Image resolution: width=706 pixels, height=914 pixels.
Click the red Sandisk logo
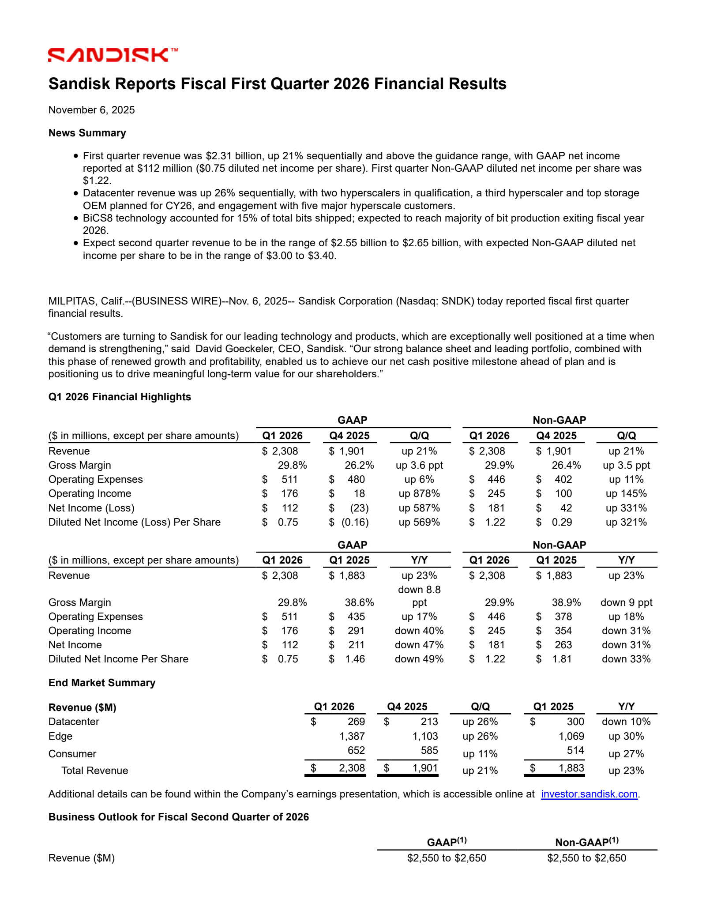113,55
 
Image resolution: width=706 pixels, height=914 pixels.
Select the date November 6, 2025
91,110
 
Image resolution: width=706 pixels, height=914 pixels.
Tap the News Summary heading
87,133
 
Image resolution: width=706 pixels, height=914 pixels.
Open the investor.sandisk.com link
589,794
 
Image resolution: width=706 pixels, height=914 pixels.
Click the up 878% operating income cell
419,493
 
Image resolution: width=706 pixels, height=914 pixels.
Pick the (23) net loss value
359,508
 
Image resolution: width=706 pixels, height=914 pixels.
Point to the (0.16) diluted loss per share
355,522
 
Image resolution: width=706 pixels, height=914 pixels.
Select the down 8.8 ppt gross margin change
419,596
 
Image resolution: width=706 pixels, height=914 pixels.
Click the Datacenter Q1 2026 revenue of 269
356,722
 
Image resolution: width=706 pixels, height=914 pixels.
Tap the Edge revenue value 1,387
352,736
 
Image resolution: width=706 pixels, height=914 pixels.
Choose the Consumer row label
72,754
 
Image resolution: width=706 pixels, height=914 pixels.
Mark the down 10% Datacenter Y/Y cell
626,722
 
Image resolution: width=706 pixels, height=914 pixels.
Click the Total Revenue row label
94,771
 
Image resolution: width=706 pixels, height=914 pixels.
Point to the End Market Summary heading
102,683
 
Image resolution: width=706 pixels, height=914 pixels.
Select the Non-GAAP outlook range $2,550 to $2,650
586,858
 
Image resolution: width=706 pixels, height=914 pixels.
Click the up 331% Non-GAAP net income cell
626,508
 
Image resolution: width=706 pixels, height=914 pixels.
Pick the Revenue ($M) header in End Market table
82,707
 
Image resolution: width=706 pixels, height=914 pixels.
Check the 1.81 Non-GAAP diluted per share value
562,659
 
